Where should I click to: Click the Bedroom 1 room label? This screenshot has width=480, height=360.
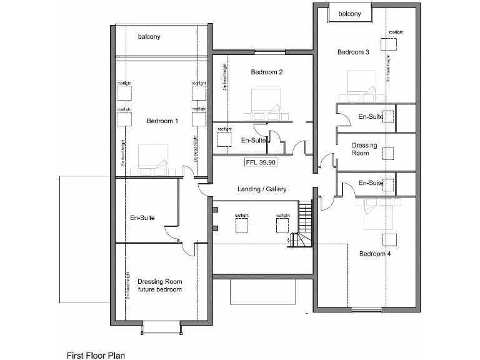pyautogui.click(x=162, y=121)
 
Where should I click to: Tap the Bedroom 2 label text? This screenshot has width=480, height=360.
pyautogui.click(x=267, y=72)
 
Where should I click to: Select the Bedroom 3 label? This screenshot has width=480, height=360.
pyautogui.click(x=353, y=52)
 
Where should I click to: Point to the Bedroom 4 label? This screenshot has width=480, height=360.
pyautogui.click(x=375, y=254)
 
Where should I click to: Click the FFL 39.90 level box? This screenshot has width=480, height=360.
pyautogui.click(x=261, y=162)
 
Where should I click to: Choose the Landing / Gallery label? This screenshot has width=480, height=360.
pyautogui.click(x=262, y=189)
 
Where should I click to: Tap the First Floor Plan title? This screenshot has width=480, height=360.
pyautogui.click(x=96, y=355)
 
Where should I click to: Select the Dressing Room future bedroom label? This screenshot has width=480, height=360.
pyautogui.click(x=159, y=286)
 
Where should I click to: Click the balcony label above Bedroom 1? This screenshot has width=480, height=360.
pyautogui.click(x=149, y=37)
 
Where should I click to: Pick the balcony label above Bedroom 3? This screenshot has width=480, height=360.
pyautogui.click(x=349, y=14)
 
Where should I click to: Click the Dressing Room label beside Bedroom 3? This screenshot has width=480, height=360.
pyautogui.click(x=364, y=149)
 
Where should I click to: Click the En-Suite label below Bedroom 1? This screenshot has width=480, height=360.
pyautogui.click(x=142, y=218)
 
